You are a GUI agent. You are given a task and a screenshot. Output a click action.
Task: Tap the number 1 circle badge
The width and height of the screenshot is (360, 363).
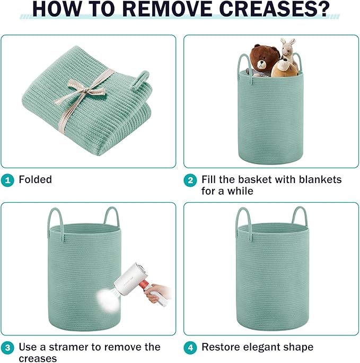[x=7, y=180]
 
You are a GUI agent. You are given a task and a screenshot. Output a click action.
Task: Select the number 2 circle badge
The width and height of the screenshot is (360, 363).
[x=190, y=180]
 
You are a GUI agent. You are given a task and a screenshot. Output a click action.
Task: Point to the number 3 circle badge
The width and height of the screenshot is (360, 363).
[x=7, y=348]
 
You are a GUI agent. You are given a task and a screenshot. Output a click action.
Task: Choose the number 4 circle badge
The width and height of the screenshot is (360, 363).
[x=190, y=348]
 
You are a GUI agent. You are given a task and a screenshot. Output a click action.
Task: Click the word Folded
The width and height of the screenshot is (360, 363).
[x=36, y=180]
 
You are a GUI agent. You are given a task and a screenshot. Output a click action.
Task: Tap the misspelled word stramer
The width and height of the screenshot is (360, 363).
[x=69, y=347]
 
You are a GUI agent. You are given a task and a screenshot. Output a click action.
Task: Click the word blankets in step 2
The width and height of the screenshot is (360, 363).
[x=320, y=180]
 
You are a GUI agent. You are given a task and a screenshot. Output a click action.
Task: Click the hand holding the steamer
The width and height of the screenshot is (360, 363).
[x=156, y=293]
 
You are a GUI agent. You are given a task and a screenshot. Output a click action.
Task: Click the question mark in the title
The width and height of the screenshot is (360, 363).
[x=323, y=9]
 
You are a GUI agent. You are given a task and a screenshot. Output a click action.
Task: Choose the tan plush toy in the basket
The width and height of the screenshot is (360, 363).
[x=284, y=68]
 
